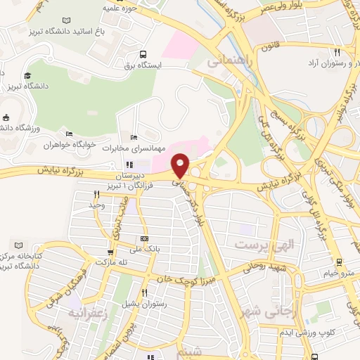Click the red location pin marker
pyautogui.click(x=181, y=166)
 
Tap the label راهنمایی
pyautogui.click(x=229, y=62)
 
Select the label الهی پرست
pyautogui.click(x=256, y=245)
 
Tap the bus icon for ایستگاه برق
pyautogui.click(x=143, y=53)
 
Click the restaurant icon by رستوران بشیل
pyautogui.click(x=143, y=292)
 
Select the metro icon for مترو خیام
pyautogui.click(x=340, y=262)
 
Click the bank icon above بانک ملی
pyautogui.click(x=144, y=239)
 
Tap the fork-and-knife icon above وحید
pyautogui.click(x=96, y=194)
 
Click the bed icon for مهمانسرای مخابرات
pyautogui.click(x=134, y=137)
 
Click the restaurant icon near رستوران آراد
pyautogui.click(x=337, y=53)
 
